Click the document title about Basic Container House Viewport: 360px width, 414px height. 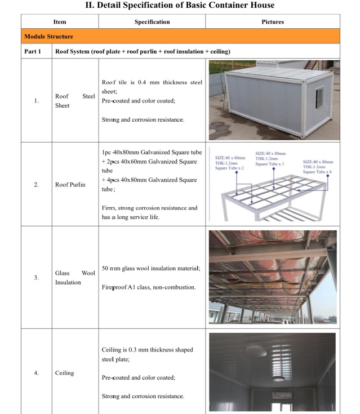pyautogui.click(x=180, y=5)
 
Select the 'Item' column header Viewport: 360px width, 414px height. pyautogui.click(x=59, y=22)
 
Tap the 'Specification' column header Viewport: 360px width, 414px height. pyautogui.click(x=152, y=22)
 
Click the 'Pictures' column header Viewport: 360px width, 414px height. pyautogui.click(x=273, y=22)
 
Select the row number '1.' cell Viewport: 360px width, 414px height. pyautogui.click(x=37, y=101)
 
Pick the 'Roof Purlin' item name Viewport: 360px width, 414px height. pyautogui.click(x=70, y=185)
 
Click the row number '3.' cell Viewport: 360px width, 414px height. pyautogui.click(x=37, y=278)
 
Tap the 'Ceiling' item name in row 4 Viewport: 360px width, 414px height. pyautogui.click(x=64, y=373)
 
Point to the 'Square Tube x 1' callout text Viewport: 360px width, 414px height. pyautogui.click(x=270, y=164)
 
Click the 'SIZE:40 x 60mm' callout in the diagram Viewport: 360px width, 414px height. pyautogui.click(x=231, y=157)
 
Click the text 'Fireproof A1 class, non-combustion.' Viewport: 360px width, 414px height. pyautogui.click(x=149, y=287)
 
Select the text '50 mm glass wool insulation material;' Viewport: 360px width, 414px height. pyautogui.click(x=151, y=268)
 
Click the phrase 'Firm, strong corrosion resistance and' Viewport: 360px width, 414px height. pyautogui.click(x=150, y=208)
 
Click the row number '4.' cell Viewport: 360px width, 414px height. pyautogui.click(x=37, y=373)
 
